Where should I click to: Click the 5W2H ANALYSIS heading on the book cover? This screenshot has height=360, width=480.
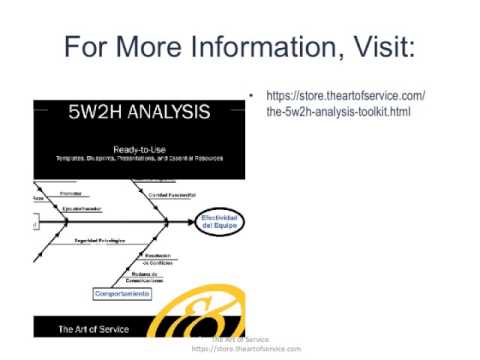pos(138,112)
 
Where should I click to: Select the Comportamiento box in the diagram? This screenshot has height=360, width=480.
pos(123,294)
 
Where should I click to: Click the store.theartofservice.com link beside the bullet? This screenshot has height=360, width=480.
pos(345,96)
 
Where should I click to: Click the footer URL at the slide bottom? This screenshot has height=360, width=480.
pos(245,349)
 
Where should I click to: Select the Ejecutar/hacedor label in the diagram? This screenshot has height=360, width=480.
pos(84,208)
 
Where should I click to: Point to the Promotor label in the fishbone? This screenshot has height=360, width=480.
pos(71,192)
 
